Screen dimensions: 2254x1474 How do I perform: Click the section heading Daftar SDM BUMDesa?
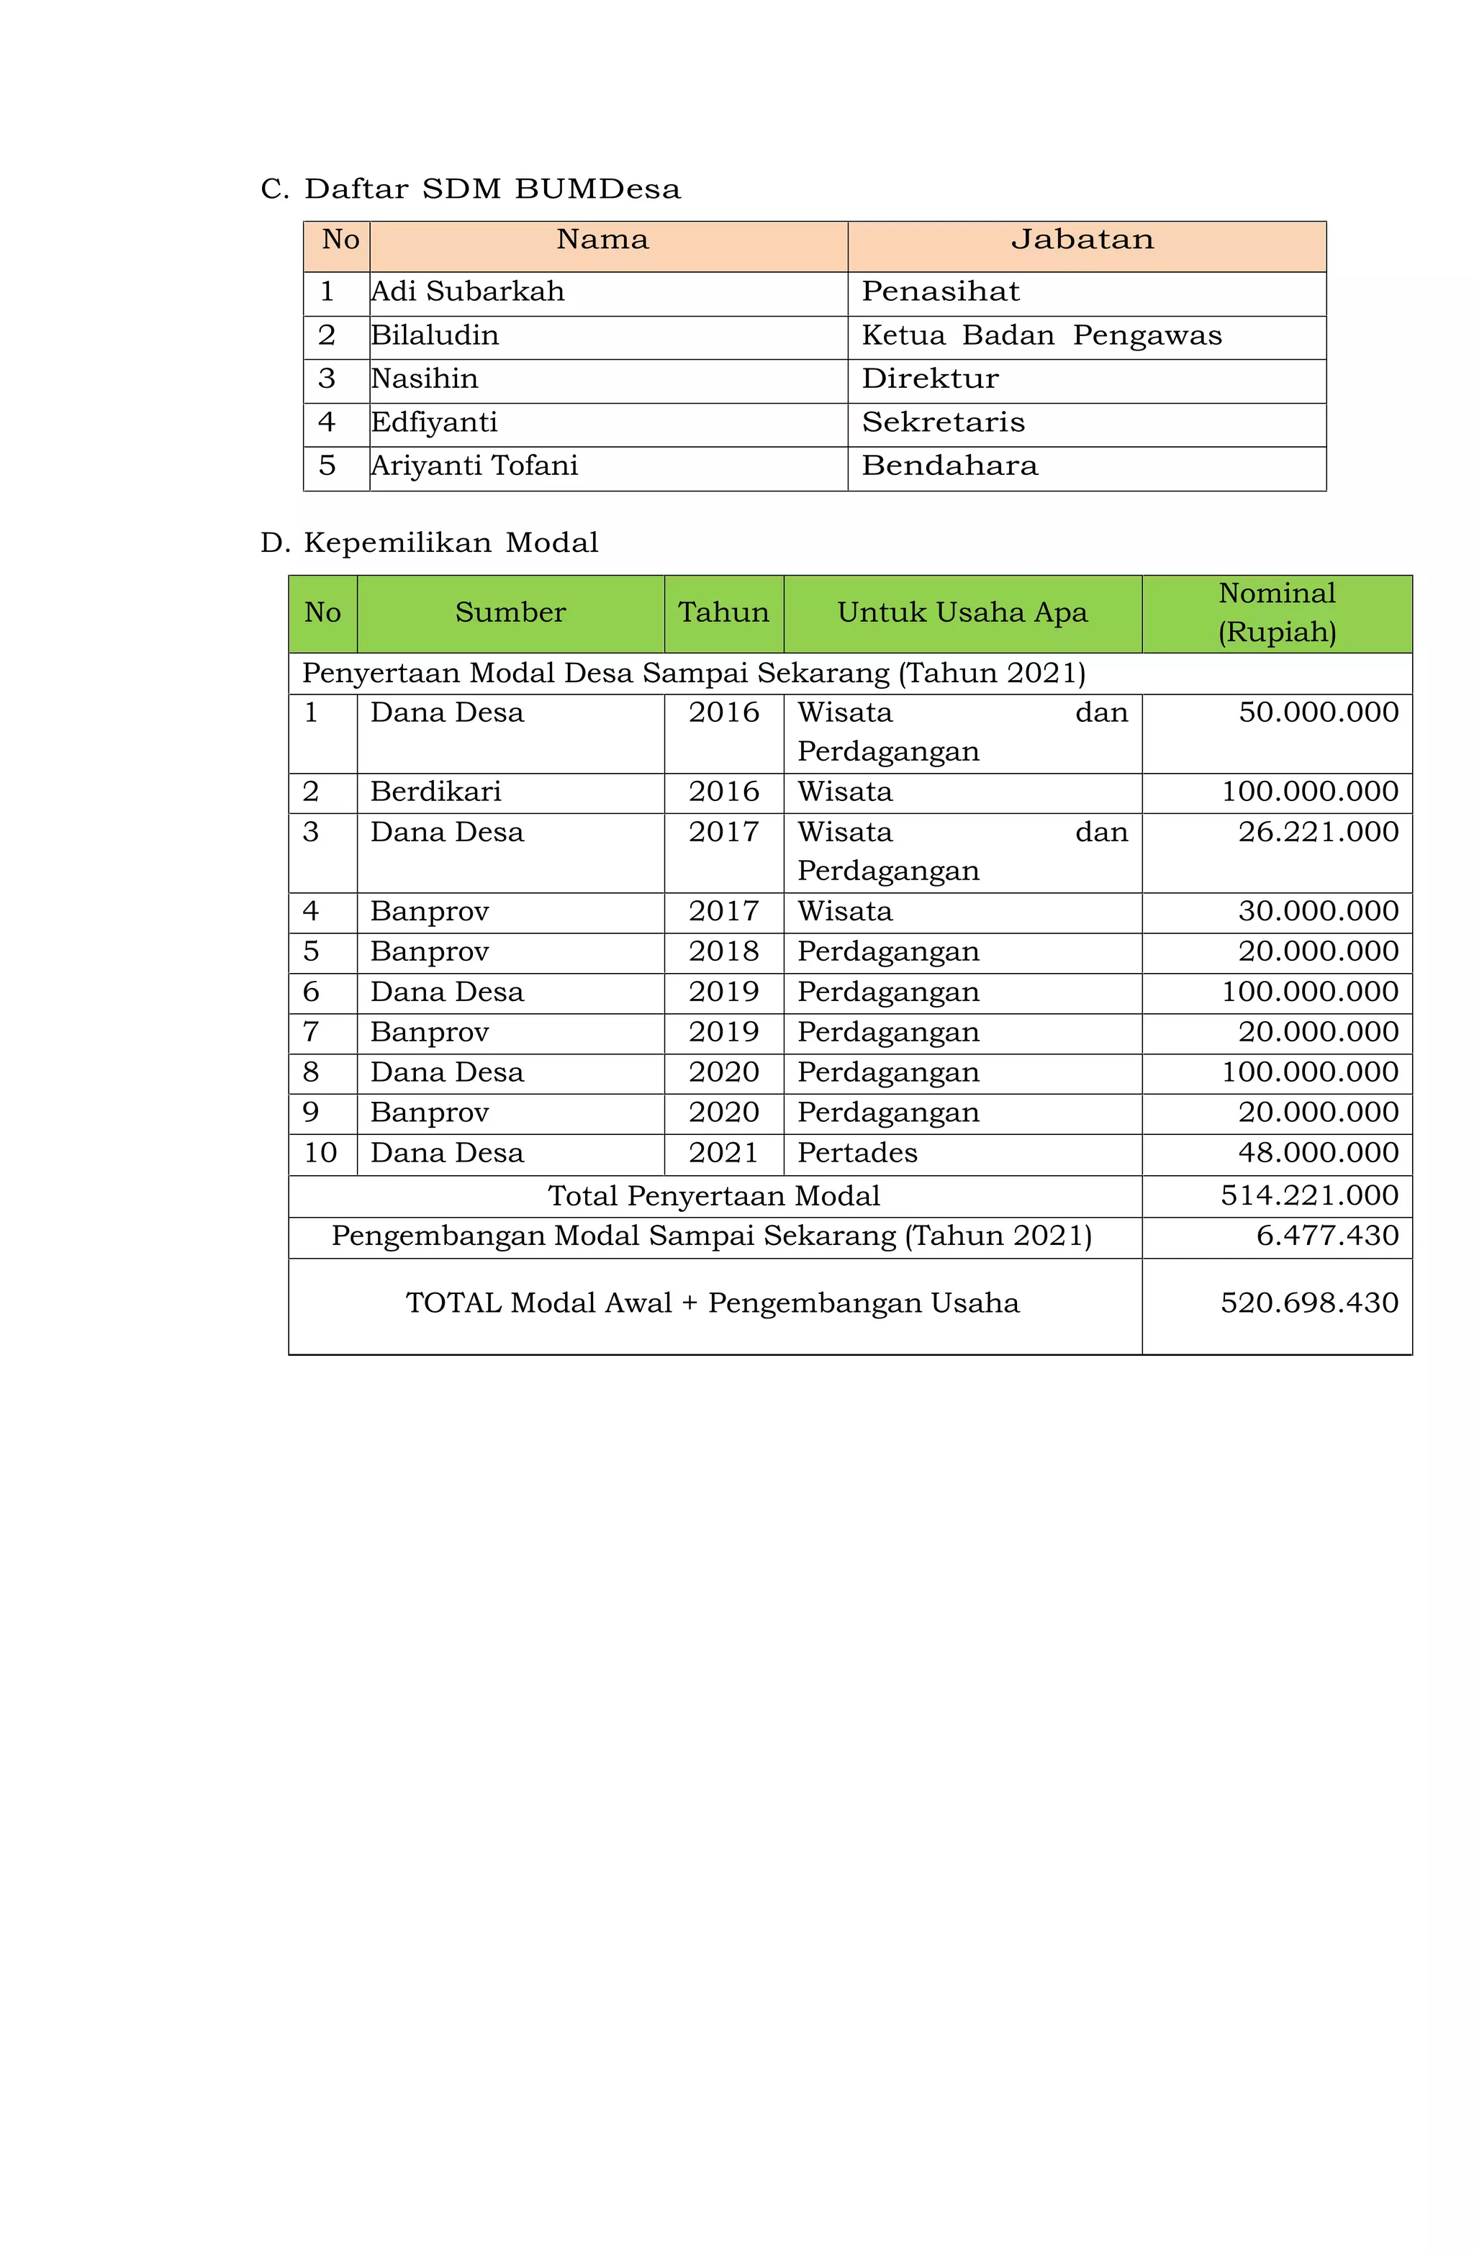pos(491,189)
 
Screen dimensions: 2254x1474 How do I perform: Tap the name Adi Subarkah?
pos(468,291)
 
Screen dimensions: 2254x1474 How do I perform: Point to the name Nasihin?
pos(425,379)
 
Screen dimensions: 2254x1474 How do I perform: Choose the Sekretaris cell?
pos(943,422)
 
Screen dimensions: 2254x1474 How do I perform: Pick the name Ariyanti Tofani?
pos(474,466)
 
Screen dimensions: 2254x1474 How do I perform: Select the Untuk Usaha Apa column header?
pos(962,612)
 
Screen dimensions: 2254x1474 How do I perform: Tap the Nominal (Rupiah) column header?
pos(1276,612)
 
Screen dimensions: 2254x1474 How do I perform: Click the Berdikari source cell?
pos(435,792)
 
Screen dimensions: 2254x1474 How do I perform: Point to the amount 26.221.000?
pos(1318,833)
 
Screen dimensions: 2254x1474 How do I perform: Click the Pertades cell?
pos(856,1154)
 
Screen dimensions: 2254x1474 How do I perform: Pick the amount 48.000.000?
pos(1318,1154)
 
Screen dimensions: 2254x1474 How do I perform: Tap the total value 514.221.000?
pos(1308,1196)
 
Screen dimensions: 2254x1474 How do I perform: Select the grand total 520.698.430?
pos(1308,1303)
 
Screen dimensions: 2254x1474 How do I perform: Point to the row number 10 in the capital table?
pos(320,1154)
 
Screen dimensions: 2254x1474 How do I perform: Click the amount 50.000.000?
pos(1318,713)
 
